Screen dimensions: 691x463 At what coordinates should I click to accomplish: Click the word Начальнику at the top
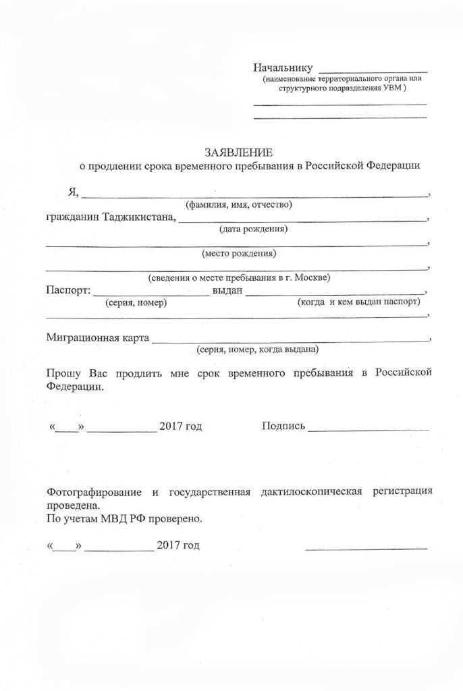(x=282, y=67)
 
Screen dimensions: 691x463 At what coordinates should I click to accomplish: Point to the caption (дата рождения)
(x=254, y=229)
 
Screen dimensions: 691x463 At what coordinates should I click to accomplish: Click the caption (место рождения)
(x=239, y=254)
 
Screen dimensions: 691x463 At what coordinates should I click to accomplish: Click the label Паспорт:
(x=67, y=291)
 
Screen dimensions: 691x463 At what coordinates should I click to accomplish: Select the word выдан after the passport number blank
(x=227, y=291)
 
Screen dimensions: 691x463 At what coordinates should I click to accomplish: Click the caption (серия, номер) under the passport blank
(x=136, y=303)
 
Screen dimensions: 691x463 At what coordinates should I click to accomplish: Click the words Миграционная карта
(x=97, y=337)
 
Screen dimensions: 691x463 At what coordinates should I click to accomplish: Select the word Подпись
(x=283, y=426)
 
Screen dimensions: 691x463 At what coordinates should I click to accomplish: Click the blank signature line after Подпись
(x=368, y=429)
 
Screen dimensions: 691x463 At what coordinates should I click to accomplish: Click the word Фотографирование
(x=92, y=492)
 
